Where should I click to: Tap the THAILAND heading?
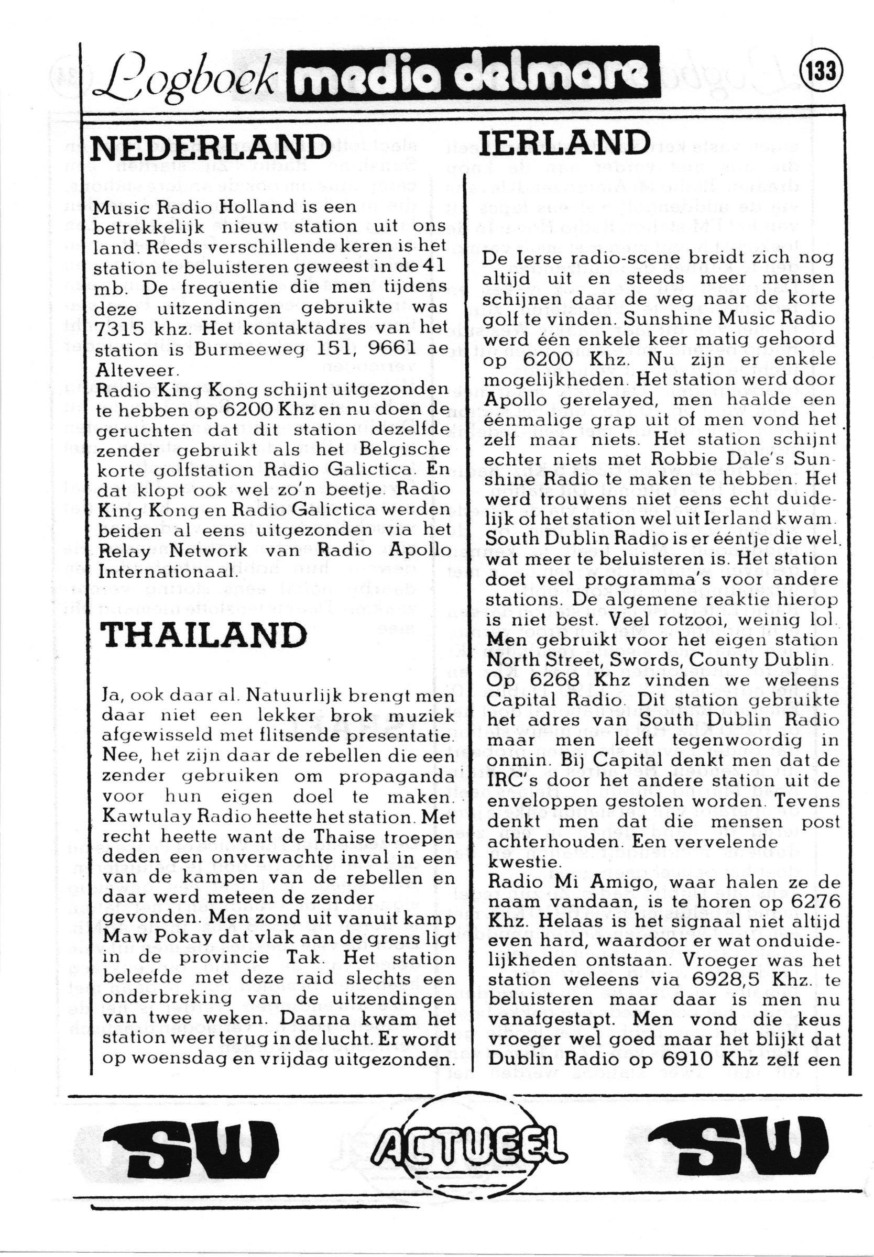click(x=204, y=635)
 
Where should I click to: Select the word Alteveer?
click(x=137, y=370)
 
